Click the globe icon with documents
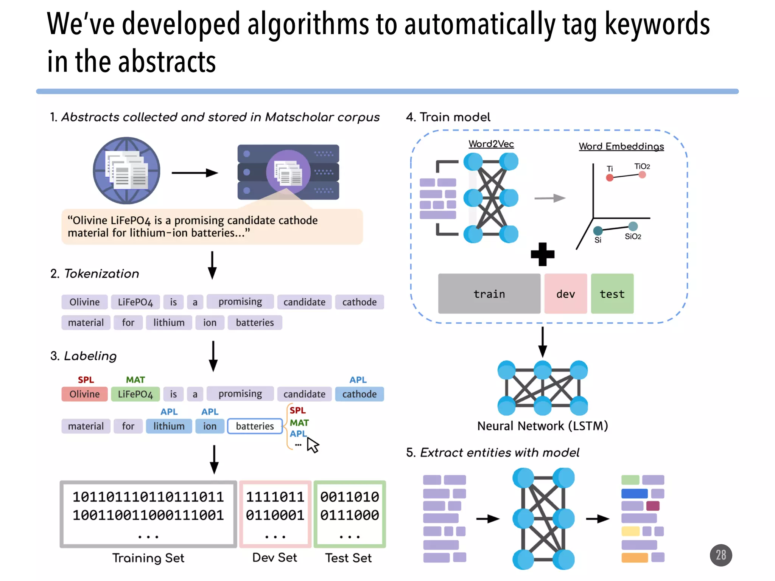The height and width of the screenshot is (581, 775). click(126, 171)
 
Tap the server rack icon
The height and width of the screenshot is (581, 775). click(288, 172)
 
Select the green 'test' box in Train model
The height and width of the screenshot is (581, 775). click(612, 294)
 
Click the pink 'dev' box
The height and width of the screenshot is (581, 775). click(565, 294)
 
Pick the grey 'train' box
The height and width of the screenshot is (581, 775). click(489, 294)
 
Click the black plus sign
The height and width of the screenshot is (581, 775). click(542, 254)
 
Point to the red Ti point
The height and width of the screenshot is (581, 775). click(610, 178)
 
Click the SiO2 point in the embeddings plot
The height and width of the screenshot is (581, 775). click(633, 227)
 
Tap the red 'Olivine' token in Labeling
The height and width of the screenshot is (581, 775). click(84, 394)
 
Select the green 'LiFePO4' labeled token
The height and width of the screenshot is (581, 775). click(135, 394)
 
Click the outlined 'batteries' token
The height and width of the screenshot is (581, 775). click(255, 426)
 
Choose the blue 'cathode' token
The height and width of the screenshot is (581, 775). click(359, 394)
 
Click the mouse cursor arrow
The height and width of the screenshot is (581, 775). click(313, 445)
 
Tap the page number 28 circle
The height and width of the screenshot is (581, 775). click(721, 555)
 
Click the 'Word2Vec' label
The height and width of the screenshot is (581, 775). click(491, 144)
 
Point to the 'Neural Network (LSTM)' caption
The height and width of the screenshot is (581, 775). click(542, 426)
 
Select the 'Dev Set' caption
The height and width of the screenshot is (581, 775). click(275, 558)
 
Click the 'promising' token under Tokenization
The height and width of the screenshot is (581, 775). click(240, 302)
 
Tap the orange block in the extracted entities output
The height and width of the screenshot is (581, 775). click(634, 558)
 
